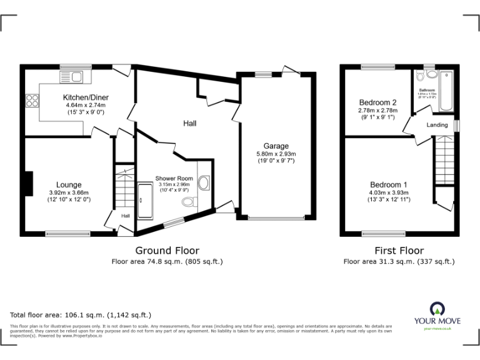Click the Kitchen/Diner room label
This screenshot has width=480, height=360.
[x=84, y=97]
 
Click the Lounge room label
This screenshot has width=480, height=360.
[x=69, y=184]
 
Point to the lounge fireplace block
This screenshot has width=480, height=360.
[x=27, y=183]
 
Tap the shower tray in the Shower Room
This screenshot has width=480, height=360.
[x=144, y=201]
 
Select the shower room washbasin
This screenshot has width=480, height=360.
[x=204, y=182]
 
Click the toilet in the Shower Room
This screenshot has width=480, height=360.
[x=189, y=202]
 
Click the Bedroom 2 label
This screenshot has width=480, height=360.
[x=377, y=102]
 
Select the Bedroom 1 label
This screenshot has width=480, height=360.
[x=388, y=184]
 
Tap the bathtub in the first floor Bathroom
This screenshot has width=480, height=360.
[x=446, y=91]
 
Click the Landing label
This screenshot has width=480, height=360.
[x=437, y=125]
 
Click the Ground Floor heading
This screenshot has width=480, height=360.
[x=167, y=251]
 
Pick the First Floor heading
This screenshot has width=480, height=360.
[x=399, y=251]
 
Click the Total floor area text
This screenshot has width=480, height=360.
[x=81, y=315]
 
